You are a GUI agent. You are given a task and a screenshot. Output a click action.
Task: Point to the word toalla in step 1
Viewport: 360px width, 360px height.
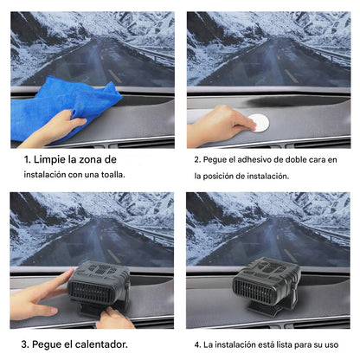point(109,175)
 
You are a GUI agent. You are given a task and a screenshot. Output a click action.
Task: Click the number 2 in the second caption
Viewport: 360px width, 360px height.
point(196,161)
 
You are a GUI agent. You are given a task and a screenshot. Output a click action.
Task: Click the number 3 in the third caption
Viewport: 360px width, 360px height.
point(23,344)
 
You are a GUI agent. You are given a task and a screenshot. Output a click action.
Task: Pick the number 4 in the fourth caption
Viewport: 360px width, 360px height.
point(196,344)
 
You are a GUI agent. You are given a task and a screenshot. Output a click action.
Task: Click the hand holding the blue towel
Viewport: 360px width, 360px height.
point(48,130)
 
